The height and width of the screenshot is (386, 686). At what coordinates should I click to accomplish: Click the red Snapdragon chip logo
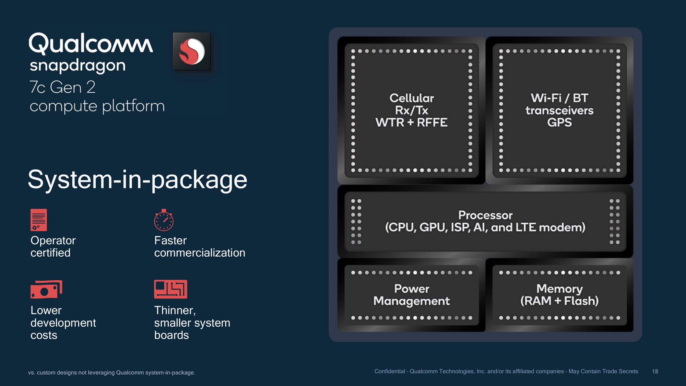[x=192, y=51]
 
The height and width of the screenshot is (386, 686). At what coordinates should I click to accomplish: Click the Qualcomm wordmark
[x=91, y=44]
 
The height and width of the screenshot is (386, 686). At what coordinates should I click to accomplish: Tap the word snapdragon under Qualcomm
[x=78, y=66]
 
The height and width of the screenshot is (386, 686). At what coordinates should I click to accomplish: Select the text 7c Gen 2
[x=62, y=87]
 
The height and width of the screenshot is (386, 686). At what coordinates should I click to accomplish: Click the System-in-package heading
[x=137, y=180]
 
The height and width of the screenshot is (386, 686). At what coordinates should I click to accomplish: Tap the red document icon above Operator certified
[x=39, y=220]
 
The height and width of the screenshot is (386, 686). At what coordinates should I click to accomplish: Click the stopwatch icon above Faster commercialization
[x=164, y=220]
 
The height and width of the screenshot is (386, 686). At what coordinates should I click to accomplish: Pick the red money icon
[x=46, y=289]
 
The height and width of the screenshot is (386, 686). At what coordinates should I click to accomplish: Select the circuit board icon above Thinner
[x=170, y=289]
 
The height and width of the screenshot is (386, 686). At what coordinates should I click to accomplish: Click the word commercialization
[x=200, y=253]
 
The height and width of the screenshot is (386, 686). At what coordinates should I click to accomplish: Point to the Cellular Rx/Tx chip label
[x=412, y=110]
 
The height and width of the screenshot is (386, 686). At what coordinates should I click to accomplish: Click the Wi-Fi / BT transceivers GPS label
[x=559, y=110]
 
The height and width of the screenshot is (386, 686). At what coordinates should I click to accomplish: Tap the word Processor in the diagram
[x=485, y=215]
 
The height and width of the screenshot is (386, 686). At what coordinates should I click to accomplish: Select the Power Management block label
[x=412, y=295]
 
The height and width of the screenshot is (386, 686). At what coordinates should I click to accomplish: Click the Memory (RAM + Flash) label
[x=559, y=295]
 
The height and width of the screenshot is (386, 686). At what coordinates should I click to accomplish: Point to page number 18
[x=655, y=372]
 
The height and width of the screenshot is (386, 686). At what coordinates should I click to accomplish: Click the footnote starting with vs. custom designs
[x=111, y=373]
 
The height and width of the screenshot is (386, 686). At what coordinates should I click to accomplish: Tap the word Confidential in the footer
[x=390, y=371]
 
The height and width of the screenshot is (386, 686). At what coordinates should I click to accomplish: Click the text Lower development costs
[x=63, y=323]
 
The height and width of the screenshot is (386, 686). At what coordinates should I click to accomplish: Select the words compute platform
[x=97, y=106]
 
